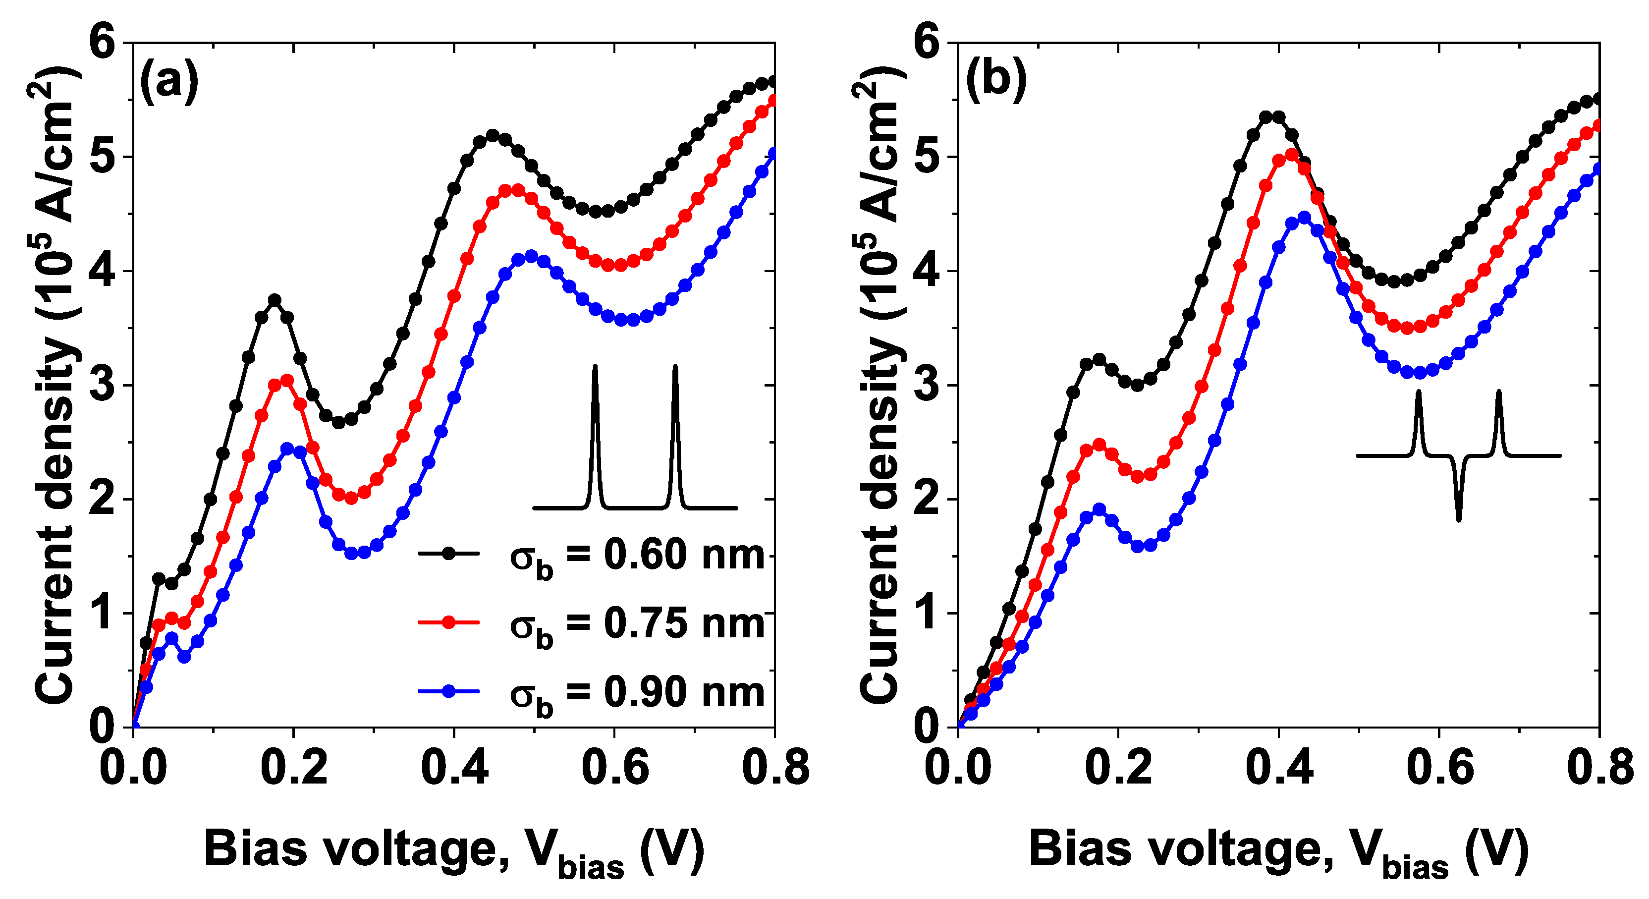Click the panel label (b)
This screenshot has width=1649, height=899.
995,81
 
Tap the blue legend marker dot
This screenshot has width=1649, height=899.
449,691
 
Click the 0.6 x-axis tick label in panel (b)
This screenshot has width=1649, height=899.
1439,768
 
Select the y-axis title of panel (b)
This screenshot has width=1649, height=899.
879,384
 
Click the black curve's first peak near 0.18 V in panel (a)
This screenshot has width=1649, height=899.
275,300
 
